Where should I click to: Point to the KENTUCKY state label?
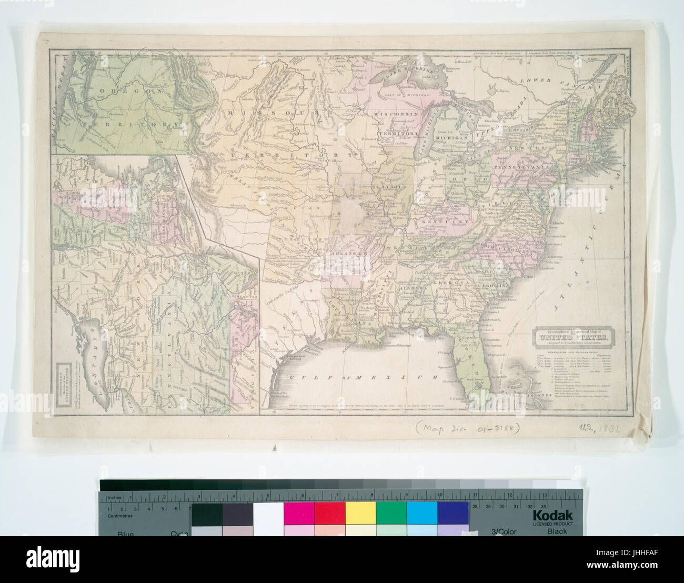[448, 222]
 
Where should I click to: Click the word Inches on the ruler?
[115, 497]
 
